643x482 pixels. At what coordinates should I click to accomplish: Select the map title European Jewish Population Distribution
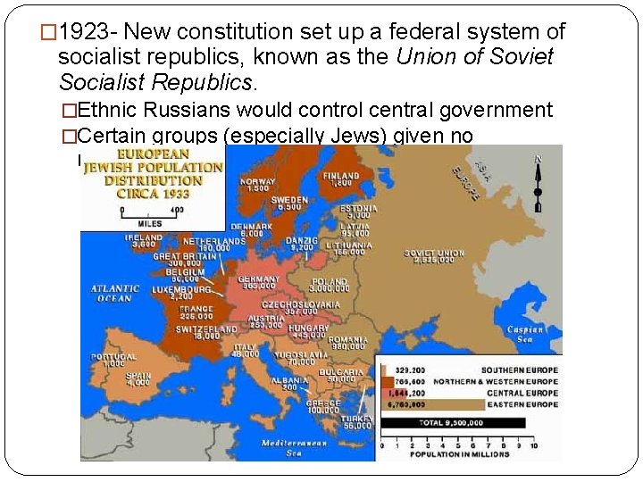coord(153,173)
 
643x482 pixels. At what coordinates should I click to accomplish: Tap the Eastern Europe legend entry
coord(520,403)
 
